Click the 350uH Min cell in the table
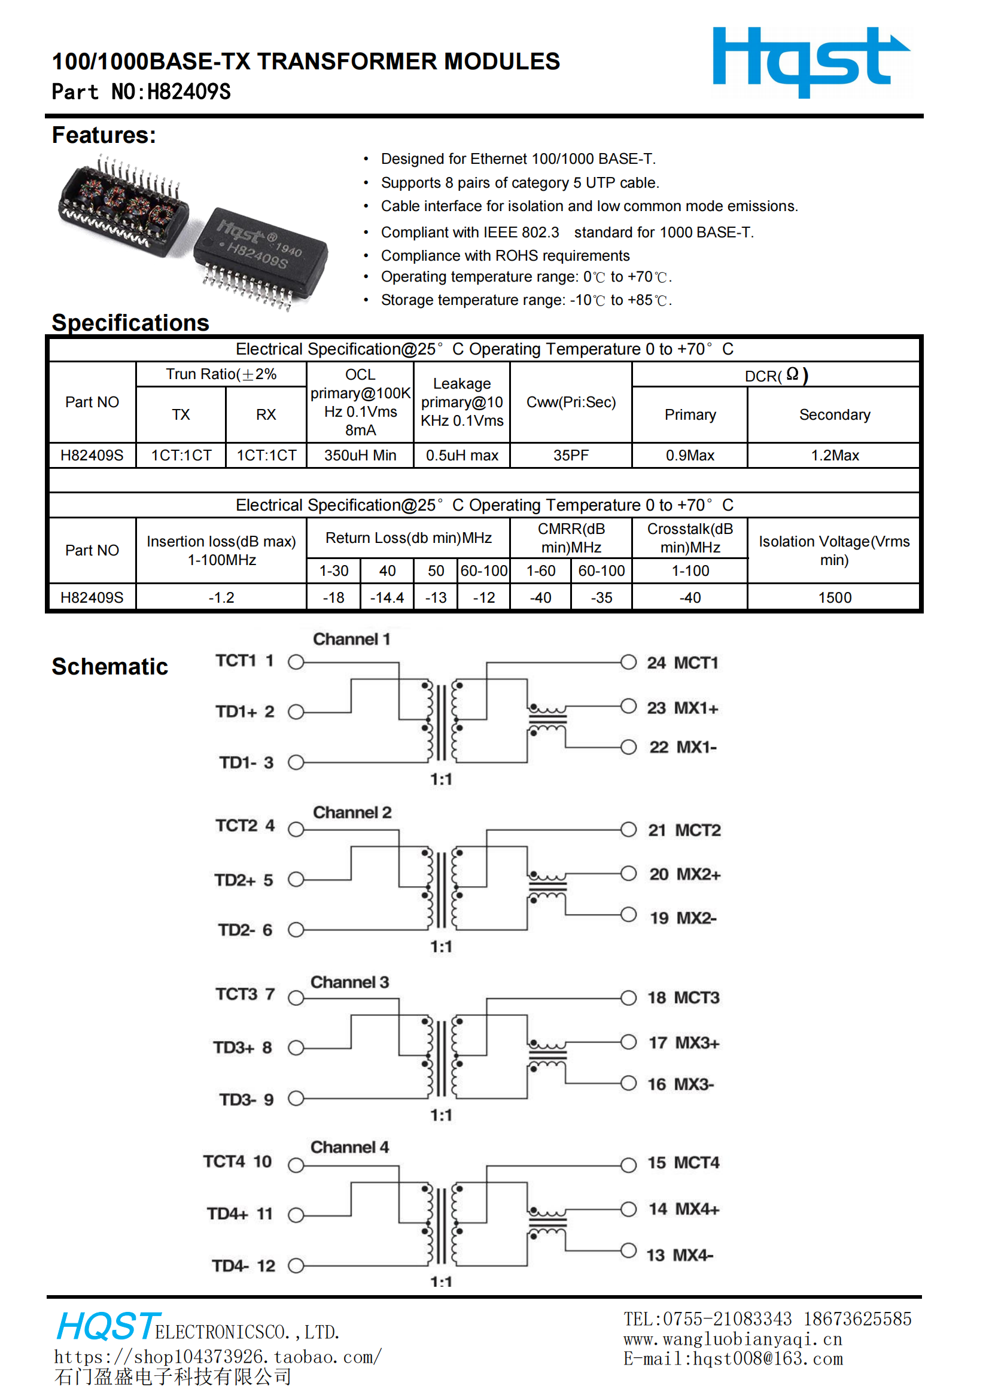click(x=360, y=456)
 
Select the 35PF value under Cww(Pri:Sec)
click(x=570, y=456)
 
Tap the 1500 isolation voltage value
click(x=833, y=597)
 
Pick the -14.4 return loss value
click(x=387, y=597)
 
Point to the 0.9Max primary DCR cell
click(x=689, y=456)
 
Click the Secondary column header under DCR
click(x=833, y=414)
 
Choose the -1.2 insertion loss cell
click(x=221, y=597)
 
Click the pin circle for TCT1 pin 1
click(x=296, y=662)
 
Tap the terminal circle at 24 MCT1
click(x=628, y=662)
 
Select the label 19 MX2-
click(x=683, y=918)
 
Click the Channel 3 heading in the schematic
click(x=349, y=982)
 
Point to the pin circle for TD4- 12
click(x=296, y=1266)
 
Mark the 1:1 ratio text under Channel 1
click(x=441, y=779)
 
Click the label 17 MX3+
click(x=683, y=1042)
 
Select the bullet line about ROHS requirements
click(x=504, y=256)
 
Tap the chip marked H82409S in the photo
click(x=261, y=255)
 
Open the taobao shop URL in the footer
click(x=218, y=1357)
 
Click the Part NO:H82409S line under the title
click(x=141, y=92)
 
